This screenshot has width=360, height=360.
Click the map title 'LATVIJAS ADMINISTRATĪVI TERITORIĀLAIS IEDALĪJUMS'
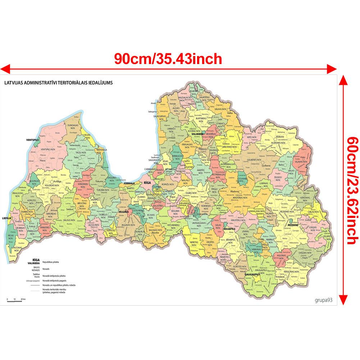[58, 82]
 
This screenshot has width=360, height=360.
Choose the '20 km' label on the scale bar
[23, 299]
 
